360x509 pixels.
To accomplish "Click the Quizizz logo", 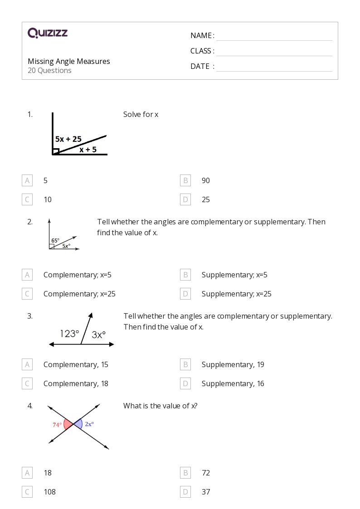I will [x=48, y=33].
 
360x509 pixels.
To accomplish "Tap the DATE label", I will [x=199, y=66].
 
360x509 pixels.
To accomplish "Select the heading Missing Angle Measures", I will [x=69, y=61].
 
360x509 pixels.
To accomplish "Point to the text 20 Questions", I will [x=49, y=71].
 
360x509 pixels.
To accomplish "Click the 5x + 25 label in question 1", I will [x=68, y=139].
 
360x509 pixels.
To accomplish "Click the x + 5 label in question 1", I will [x=88, y=149].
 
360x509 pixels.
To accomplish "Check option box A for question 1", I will [x=27, y=180].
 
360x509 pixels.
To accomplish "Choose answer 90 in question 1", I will [x=205, y=180].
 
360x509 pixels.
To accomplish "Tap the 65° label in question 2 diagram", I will [x=55, y=241].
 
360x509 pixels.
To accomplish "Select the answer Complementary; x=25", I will [x=79, y=294].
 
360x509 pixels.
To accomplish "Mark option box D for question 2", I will [x=185, y=294].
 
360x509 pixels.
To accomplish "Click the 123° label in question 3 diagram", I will [x=69, y=334].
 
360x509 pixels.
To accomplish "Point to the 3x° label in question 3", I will [x=99, y=334].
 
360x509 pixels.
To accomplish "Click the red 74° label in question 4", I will [x=57, y=425].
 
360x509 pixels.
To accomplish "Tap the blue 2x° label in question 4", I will [x=89, y=424].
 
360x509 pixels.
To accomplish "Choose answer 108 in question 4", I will [x=49, y=492].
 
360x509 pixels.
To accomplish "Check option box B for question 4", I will [x=185, y=473].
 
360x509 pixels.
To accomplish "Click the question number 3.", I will [x=30, y=316].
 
